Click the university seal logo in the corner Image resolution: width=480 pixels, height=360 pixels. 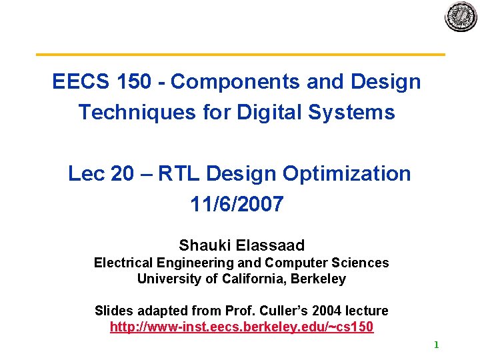coord(461,17)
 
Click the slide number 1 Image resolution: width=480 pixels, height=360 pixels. coord(436,345)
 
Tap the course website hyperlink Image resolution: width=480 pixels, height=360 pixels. coord(241,327)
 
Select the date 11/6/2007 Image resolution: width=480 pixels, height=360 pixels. coord(237,204)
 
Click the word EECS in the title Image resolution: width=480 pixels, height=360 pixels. coord(73,82)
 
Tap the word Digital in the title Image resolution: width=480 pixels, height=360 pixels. coord(271,112)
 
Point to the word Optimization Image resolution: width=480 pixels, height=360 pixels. coord(347,174)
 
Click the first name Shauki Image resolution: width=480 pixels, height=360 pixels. coord(203,245)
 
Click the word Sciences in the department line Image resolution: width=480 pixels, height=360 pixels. coord(364,263)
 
